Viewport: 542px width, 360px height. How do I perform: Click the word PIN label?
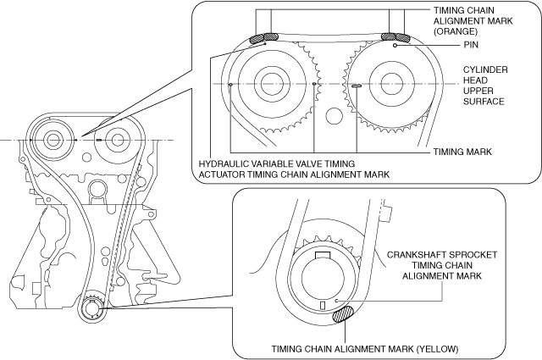pos(471,45)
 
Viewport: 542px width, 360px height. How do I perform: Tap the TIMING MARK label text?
pos(462,152)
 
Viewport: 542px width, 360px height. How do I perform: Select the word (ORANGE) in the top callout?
pos(456,31)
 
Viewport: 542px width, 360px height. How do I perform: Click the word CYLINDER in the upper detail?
pos(485,69)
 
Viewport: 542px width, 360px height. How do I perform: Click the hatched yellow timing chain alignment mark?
pos(342,314)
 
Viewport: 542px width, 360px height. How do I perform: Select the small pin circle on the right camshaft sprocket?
pos(395,45)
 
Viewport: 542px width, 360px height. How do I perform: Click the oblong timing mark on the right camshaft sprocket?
pos(357,85)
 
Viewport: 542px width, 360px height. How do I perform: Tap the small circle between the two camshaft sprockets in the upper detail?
pos(334,116)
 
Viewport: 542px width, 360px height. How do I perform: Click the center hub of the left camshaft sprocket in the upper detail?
pos(272,84)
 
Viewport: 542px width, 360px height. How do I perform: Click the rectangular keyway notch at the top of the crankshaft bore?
pos(324,255)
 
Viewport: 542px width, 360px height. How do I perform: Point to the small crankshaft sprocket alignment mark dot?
pos(336,301)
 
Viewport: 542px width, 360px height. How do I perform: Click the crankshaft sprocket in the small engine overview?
pos(92,307)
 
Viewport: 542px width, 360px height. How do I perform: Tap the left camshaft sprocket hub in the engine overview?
pos(53,140)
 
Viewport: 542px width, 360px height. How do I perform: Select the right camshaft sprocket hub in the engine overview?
pos(118,140)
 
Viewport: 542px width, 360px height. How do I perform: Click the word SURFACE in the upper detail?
pos(484,102)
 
